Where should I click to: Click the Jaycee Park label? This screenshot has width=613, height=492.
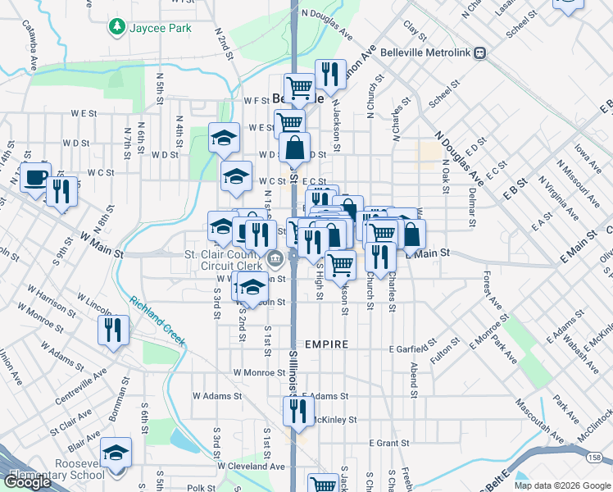point(159,28)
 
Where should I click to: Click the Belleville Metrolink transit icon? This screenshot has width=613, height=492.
point(480,53)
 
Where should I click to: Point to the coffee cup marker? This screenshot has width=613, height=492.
point(35,176)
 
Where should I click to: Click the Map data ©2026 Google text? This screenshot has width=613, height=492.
point(561,485)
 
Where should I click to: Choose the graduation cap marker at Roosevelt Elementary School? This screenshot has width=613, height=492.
point(116,453)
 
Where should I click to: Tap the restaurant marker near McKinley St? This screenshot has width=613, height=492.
point(298,409)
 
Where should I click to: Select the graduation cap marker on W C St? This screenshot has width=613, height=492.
point(236,175)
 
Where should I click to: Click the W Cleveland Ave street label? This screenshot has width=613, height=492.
point(255,466)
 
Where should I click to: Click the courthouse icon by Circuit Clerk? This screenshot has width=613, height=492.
point(275,260)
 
